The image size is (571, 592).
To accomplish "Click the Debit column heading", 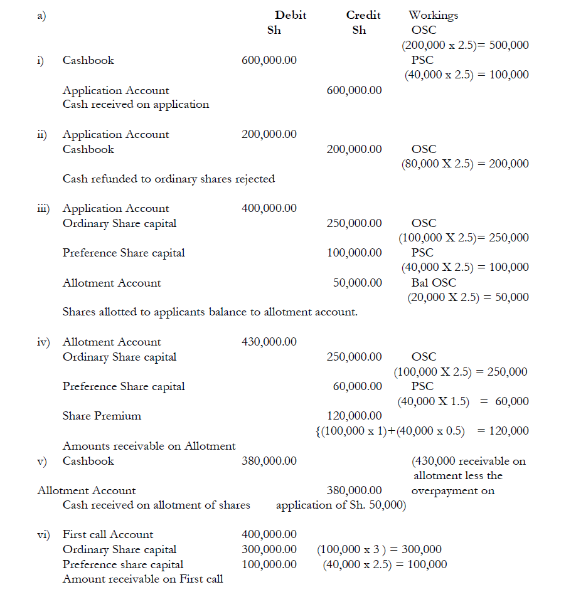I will coord(291,15).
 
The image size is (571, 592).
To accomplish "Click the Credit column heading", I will coord(363,15).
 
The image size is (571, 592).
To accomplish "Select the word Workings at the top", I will coord(433,15).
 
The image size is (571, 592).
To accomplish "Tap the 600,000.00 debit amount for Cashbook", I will coord(269,60).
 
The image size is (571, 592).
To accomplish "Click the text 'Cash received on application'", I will coord(136,105).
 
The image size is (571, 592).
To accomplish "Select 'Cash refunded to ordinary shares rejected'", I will coord(168,179).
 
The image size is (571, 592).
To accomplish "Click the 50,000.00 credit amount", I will coord(357,283).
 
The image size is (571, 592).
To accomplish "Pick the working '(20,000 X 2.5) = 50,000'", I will coord(468,297).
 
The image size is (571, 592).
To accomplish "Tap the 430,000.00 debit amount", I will coord(269,342).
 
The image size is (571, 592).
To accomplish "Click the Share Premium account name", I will coord(102,416).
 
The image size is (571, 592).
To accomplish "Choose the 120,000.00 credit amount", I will coord(354,416).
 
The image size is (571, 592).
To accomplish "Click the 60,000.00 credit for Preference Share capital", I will coord(357,386).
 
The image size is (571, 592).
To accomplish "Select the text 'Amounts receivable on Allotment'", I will coord(149,446).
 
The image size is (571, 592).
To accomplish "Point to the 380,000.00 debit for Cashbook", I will coord(269,461).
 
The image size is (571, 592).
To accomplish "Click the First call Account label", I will coord(107,534).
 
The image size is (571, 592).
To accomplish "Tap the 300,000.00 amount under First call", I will coord(269,549).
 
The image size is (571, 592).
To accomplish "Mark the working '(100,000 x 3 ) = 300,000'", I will coord(379,549).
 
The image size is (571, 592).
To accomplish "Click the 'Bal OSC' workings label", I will coord(434,283).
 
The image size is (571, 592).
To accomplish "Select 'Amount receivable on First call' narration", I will coord(142,579).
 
